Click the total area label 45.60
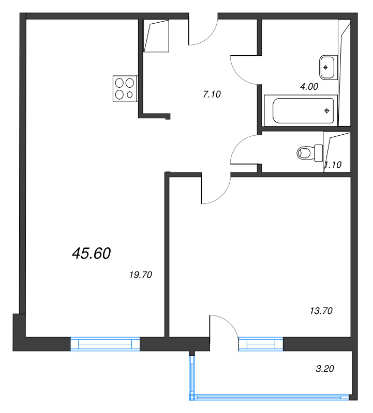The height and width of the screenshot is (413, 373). pos(92,253)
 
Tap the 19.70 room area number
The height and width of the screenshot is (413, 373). pos(141,275)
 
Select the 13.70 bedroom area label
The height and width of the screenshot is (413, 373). pos(321,311)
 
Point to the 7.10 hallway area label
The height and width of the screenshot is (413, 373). pos(212,94)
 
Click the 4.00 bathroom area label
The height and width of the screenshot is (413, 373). pos(309,86)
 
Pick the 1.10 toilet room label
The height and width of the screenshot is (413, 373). pos(333,165)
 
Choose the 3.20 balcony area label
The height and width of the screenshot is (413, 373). pos(325,369)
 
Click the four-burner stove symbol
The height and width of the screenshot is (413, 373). pos(125,89)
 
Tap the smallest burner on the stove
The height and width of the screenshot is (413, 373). pos(130,94)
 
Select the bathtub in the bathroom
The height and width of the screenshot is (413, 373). pos(301,110)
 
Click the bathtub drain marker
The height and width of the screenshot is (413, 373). pos(327,111)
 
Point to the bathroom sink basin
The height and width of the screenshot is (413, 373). pos(328,68)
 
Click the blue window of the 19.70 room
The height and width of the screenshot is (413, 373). pos(105,344)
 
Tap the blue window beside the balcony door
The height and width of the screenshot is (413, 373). pos(261,344)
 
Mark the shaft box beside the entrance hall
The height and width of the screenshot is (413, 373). pos(156,36)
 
